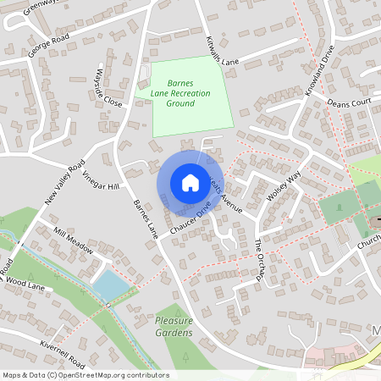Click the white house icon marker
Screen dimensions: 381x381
pos(190,182)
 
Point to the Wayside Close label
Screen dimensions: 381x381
pos(109,88)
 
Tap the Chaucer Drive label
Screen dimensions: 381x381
pos(188,219)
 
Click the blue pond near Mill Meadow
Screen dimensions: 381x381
pos(109,284)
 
